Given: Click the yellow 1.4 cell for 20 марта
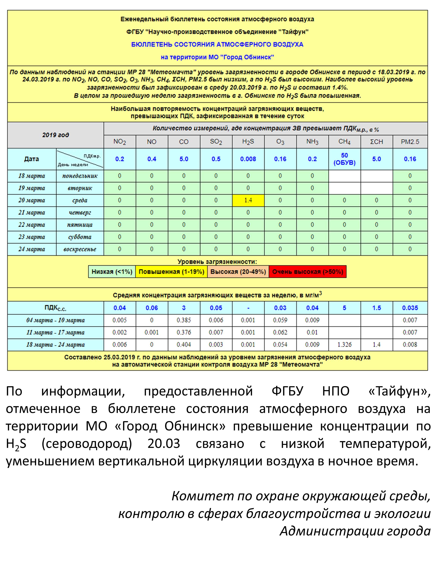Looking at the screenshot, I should [248, 200].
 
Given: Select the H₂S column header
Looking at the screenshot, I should [248, 142].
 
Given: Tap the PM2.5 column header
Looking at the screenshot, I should [410, 142].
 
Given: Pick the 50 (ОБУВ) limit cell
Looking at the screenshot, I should [344, 159].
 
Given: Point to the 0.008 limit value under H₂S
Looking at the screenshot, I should [248, 159].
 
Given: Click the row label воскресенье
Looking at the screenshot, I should [80, 249].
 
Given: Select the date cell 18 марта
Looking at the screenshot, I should [32, 176].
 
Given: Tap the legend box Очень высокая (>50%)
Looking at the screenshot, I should [307, 272].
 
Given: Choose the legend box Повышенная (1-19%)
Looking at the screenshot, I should [171, 272].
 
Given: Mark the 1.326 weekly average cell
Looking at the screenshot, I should [344, 345].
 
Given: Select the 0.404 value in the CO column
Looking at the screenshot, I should [184, 345].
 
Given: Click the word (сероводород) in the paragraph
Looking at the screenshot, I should [87, 444].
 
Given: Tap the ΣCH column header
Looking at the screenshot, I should [376, 142].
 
